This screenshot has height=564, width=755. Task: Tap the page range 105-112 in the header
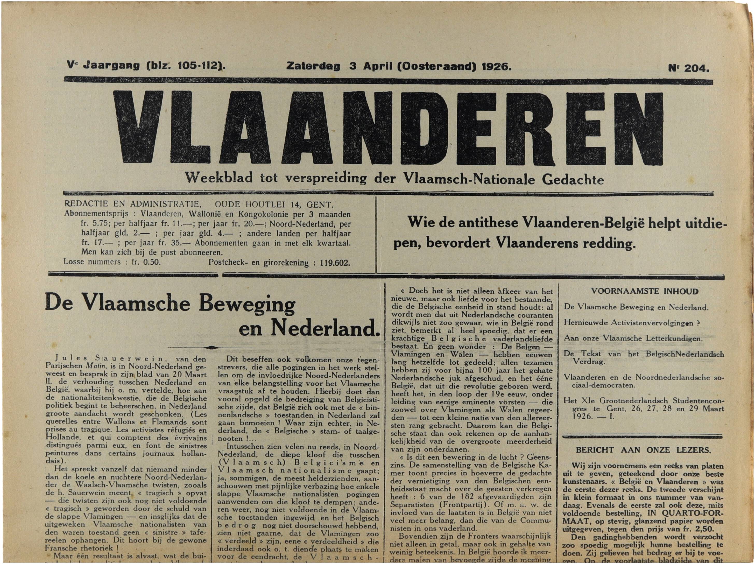point(198,65)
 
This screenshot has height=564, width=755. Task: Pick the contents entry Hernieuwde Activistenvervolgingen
point(631,323)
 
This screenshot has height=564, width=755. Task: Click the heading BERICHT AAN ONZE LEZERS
point(643,450)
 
